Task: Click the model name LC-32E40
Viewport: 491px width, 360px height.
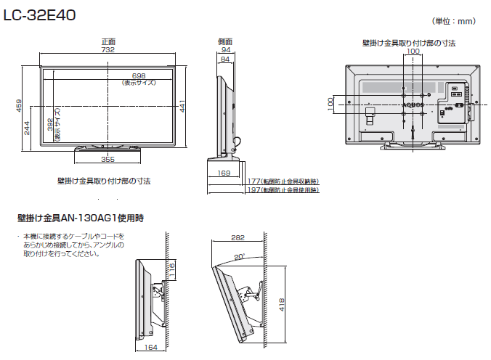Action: [x=41, y=14]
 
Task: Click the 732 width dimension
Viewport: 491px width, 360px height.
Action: [x=107, y=50]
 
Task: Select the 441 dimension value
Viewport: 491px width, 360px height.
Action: [x=182, y=107]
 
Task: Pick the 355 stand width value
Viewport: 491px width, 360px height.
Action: [x=107, y=158]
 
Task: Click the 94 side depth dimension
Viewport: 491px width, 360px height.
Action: [x=224, y=50]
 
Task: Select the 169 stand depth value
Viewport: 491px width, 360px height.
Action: [x=224, y=173]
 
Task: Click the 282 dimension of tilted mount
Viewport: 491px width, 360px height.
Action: [x=238, y=237]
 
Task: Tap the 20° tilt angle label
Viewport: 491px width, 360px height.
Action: [x=239, y=256]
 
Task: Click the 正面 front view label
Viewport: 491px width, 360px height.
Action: [x=107, y=41]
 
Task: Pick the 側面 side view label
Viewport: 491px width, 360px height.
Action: [x=224, y=41]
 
